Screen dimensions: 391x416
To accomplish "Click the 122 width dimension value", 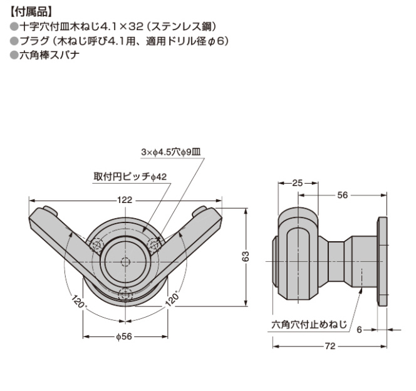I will pyautogui.click(x=124, y=200).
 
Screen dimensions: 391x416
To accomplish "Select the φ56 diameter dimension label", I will pyautogui.click(x=124, y=336).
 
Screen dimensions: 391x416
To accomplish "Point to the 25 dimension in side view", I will pyautogui.click(x=298, y=183).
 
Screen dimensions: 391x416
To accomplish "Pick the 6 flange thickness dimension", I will pyautogui.click(x=360, y=329).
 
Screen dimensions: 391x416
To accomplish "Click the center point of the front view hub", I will pyautogui.click(x=125, y=260).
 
